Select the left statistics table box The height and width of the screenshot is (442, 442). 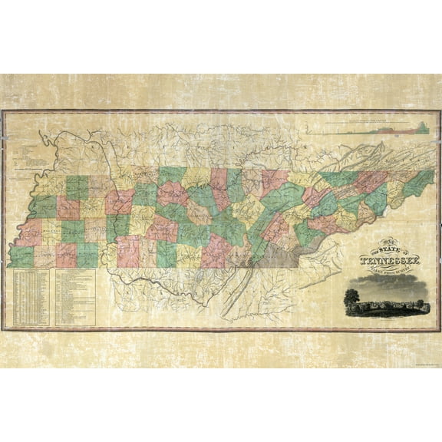tap(33, 295)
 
